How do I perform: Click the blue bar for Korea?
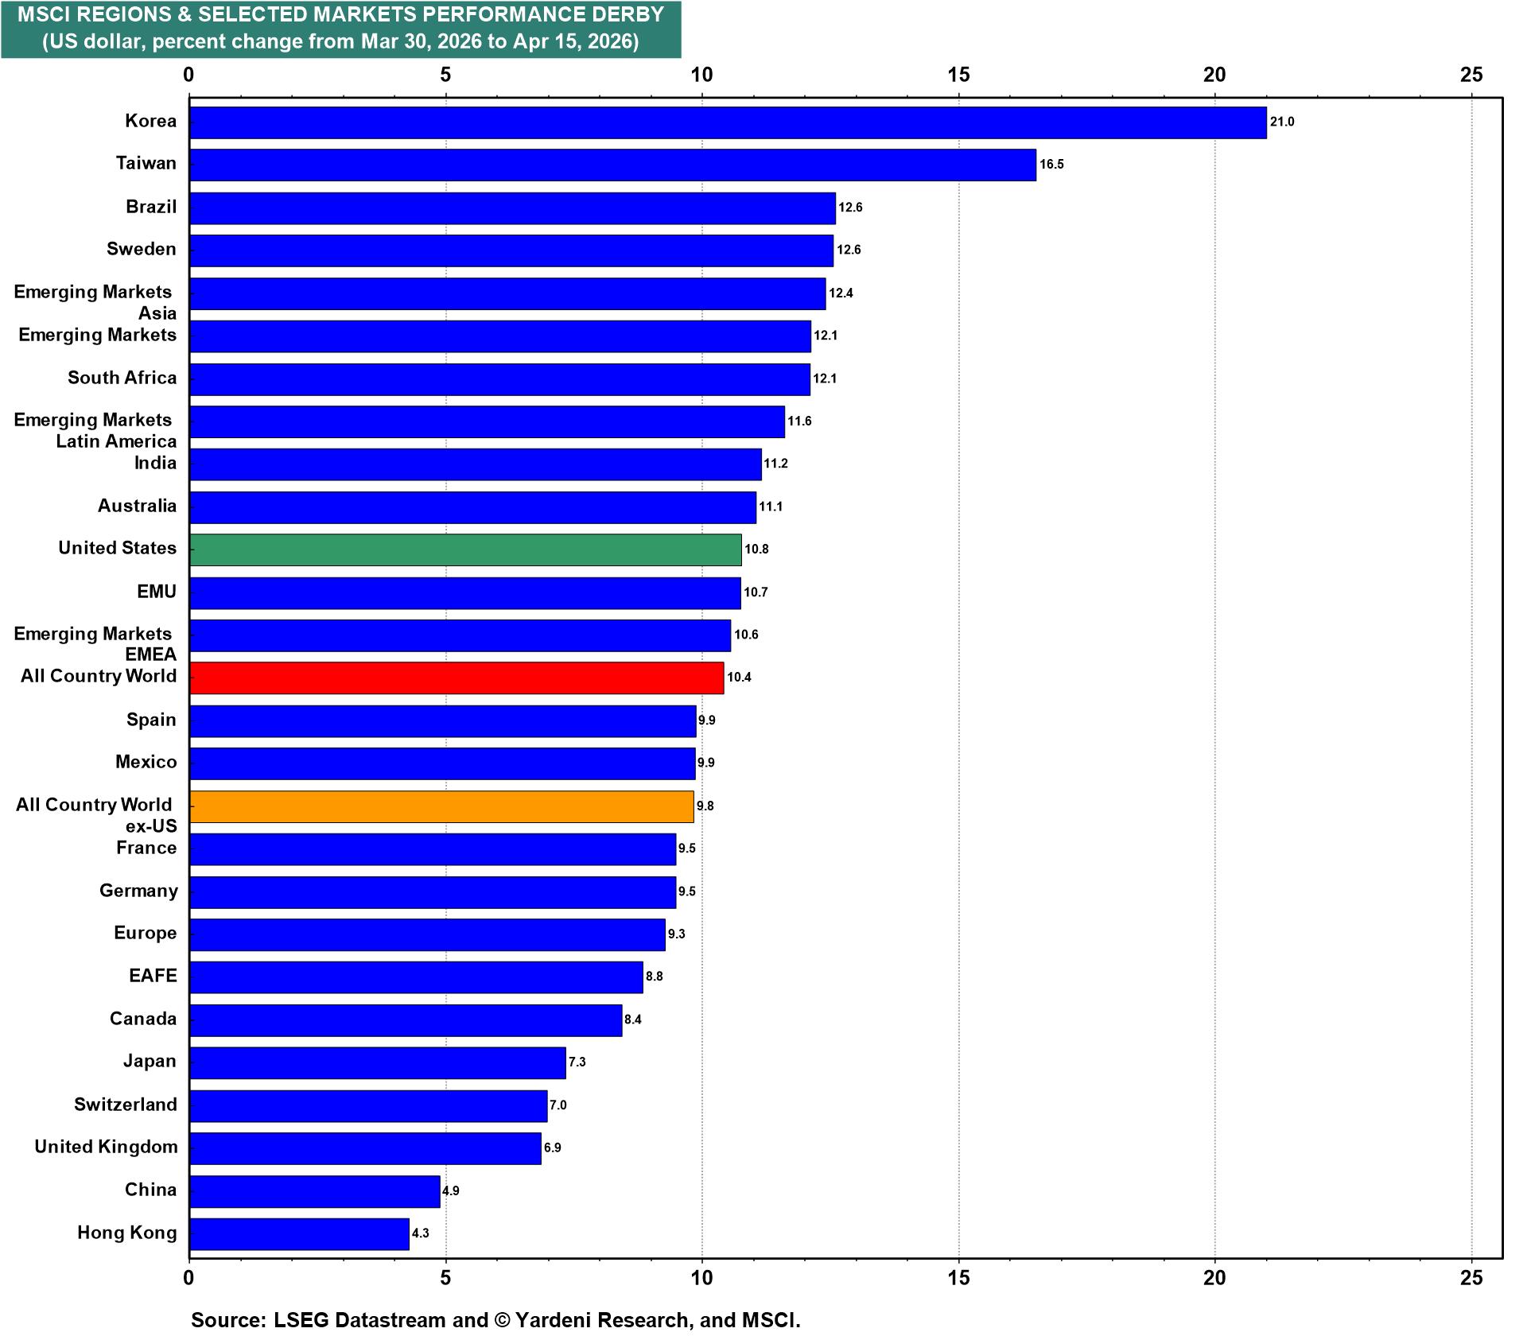tap(727, 122)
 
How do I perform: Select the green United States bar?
tap(465, 550)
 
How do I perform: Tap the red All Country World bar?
tap(457, 678)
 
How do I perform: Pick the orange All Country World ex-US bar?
tap(441, 806)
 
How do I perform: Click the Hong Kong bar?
tap(299, 1233)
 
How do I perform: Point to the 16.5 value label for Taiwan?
tap(1051, 165)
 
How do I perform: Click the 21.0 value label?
tap(1282, 122)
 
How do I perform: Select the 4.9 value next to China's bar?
tap(451, 1191)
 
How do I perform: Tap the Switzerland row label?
tap(126, 1105)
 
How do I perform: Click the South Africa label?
tap(122, 378)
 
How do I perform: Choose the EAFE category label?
tap(153, 976)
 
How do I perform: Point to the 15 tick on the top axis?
tap(959, 75)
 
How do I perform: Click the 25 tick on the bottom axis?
tap(1471, 1277)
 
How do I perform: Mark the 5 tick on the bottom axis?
tap(445, 1277)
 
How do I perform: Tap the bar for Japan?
tap(377, 1062)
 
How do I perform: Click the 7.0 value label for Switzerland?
tap(558, 1105)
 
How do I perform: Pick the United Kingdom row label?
tap(106, 1147)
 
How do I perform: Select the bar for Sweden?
tap(511, 250)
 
